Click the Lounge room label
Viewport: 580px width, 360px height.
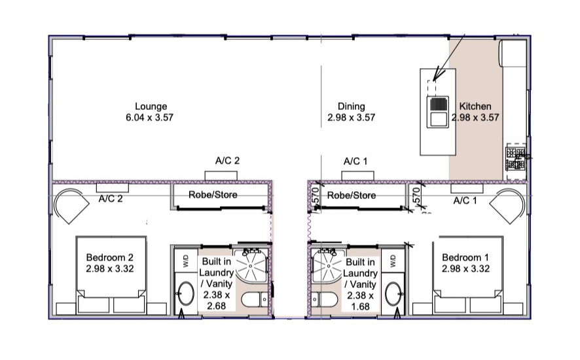150,112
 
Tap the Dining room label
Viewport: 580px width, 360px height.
352,112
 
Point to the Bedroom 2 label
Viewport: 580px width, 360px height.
110,262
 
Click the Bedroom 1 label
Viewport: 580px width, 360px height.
465,262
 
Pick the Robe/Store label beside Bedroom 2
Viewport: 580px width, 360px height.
213,194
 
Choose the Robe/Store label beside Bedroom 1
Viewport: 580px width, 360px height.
352,195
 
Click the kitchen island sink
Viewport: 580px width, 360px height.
438,112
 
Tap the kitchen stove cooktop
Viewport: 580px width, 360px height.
515,158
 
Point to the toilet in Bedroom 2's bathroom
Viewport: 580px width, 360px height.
255,299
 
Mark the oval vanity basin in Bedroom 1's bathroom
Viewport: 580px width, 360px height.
393,294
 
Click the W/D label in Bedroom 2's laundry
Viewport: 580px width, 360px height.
186,261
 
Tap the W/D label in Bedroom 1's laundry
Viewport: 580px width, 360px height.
393,261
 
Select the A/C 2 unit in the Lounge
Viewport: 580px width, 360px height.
221,175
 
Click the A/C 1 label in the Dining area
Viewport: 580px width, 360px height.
355,161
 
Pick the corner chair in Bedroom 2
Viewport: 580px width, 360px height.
71,206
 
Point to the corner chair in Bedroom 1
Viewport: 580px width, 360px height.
507,206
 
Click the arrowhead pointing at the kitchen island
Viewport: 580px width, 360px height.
437,73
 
